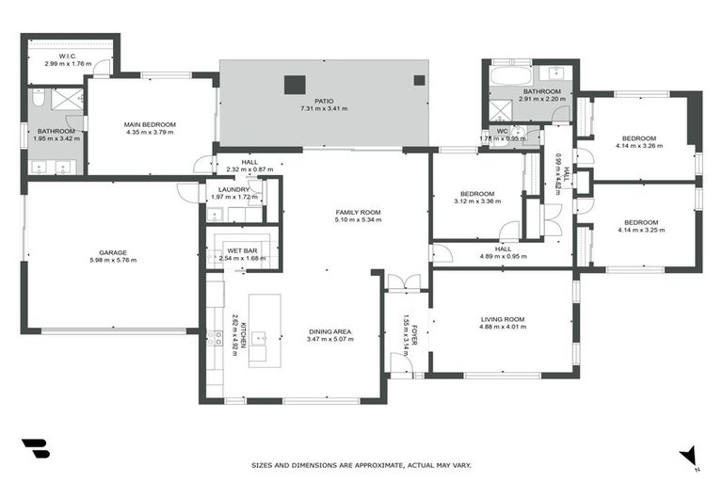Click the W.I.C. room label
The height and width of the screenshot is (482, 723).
pos(67,56)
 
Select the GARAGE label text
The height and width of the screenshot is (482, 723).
pos(113,252)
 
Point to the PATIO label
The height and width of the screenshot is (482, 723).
pos(324,101)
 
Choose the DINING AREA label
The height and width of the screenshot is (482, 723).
pos(329,331)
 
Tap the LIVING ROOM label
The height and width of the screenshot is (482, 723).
pos(502,320)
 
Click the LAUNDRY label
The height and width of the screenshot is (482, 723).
pos(233,189)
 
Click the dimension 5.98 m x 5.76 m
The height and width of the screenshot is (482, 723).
pos(113,260)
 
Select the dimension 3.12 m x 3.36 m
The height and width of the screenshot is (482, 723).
pos(475,201)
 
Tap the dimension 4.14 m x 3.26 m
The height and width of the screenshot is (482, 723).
pos(637,146)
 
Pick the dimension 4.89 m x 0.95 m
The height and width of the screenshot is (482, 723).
pos(503,256)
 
